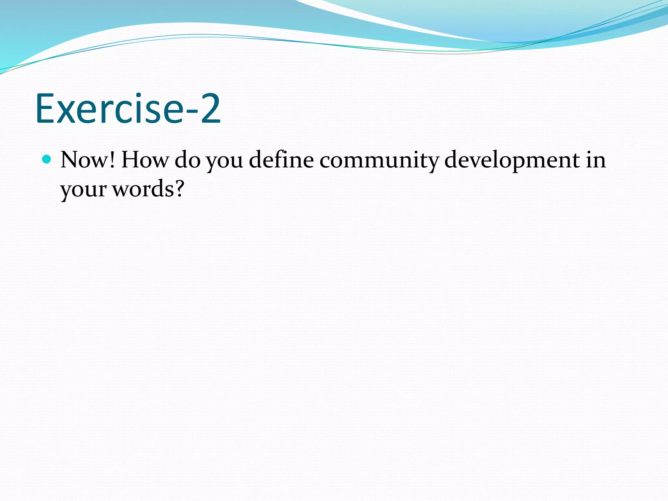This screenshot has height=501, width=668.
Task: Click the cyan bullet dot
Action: coord(47,159)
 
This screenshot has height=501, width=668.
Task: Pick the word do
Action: coord(188,160)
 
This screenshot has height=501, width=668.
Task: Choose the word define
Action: coord(281,159)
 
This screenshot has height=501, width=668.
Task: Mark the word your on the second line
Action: coord(83,190)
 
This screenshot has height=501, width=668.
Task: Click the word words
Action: coord(143,189)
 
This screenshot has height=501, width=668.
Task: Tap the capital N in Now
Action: coord(69,160)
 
